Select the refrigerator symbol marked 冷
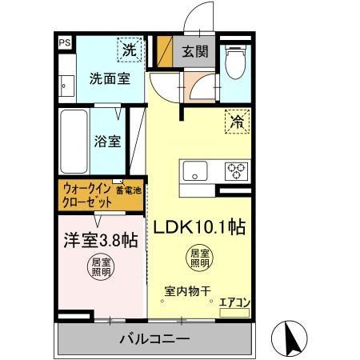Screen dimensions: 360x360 [x=237, y=122]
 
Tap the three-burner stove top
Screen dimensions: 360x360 [x=236, y=170]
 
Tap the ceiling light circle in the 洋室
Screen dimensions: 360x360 [x=101, y=266]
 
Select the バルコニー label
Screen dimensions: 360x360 [x=155, y=339]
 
